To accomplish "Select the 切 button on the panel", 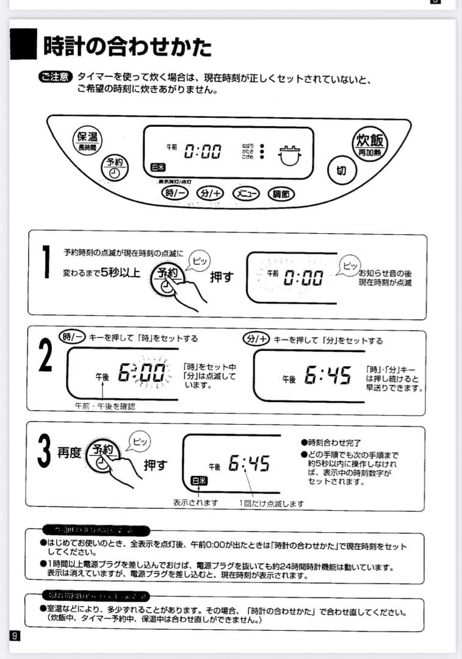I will [341, 170].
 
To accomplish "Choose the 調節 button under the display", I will [281, 193].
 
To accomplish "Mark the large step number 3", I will [44, 452].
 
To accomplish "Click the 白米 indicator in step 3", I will [198, 480].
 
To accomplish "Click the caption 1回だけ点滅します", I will [271, 503].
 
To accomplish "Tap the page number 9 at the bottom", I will [14, 635].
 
